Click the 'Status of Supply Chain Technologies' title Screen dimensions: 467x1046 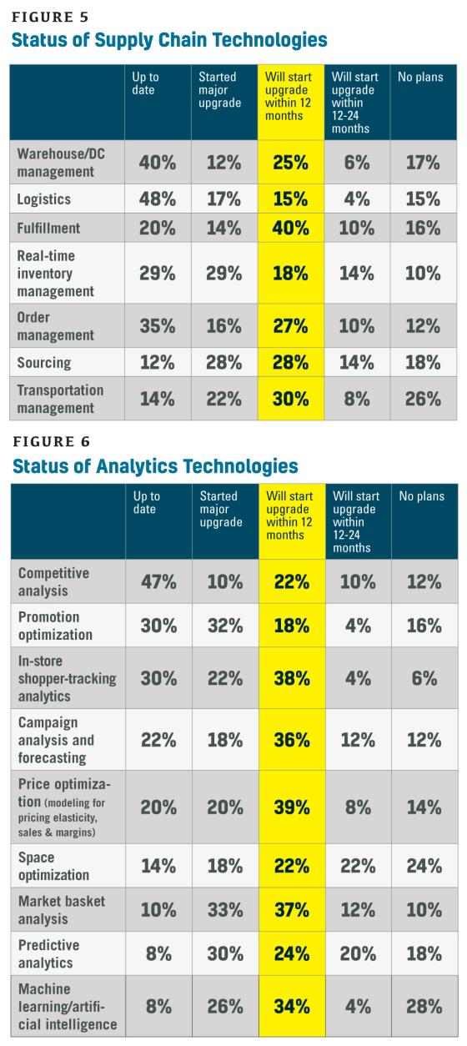(x=169, y=40)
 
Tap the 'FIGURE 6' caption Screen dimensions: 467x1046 (x=52, y=442)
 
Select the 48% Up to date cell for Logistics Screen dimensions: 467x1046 (x=158, y=199)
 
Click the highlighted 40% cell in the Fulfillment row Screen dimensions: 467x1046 (x=290, y=229)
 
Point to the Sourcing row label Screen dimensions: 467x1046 (x=44, y=363)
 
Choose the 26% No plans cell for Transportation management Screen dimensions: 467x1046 (x=423, y=400)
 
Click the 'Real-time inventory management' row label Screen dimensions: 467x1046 (x=56, y=273)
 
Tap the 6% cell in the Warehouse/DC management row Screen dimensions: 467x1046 (x=357, y=163)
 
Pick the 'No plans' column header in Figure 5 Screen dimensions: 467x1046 (x=420, y=77)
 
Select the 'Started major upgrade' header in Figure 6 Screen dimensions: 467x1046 (x=221, y=509)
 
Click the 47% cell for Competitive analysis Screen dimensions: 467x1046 (x=158, y=582)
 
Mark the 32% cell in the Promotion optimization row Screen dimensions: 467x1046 (x=225, y=626)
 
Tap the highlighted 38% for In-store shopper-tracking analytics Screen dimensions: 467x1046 (x=292, y=678)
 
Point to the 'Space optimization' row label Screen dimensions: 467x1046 (x=53, y=866)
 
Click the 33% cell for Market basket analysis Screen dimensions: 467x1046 (x=225, y=910)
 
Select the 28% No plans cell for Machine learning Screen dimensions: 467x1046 (x=424, y=1006)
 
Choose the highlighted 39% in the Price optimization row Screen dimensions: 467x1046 (x=292, y=807)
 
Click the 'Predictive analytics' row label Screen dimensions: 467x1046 (x=48, y=953)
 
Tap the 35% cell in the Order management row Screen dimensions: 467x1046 (x=158, y=326)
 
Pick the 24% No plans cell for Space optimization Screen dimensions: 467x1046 (x=424, y=866)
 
